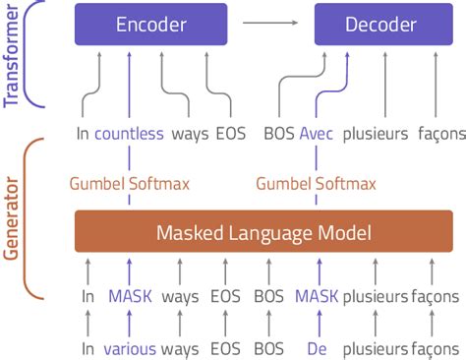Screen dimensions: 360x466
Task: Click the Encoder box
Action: pos(150,25)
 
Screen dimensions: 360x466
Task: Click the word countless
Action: pos(129,134)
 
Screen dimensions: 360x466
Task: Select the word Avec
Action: pos(317,134)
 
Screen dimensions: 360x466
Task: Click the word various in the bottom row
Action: pos(130,347)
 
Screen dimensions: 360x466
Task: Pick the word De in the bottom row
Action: pos(317,347)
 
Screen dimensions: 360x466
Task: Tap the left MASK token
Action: pos(130,296)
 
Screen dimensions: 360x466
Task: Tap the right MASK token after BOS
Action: pos(317,296)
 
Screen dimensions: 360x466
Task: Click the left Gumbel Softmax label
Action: pos(130,182)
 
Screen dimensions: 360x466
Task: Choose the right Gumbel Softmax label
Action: pos(316,182)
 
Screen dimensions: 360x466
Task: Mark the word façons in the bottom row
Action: pos(435,347)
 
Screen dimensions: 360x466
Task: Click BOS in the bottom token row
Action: pos(268,347)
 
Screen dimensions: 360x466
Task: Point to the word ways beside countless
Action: pos(189,134)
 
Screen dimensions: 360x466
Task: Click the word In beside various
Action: pos(88,347)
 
